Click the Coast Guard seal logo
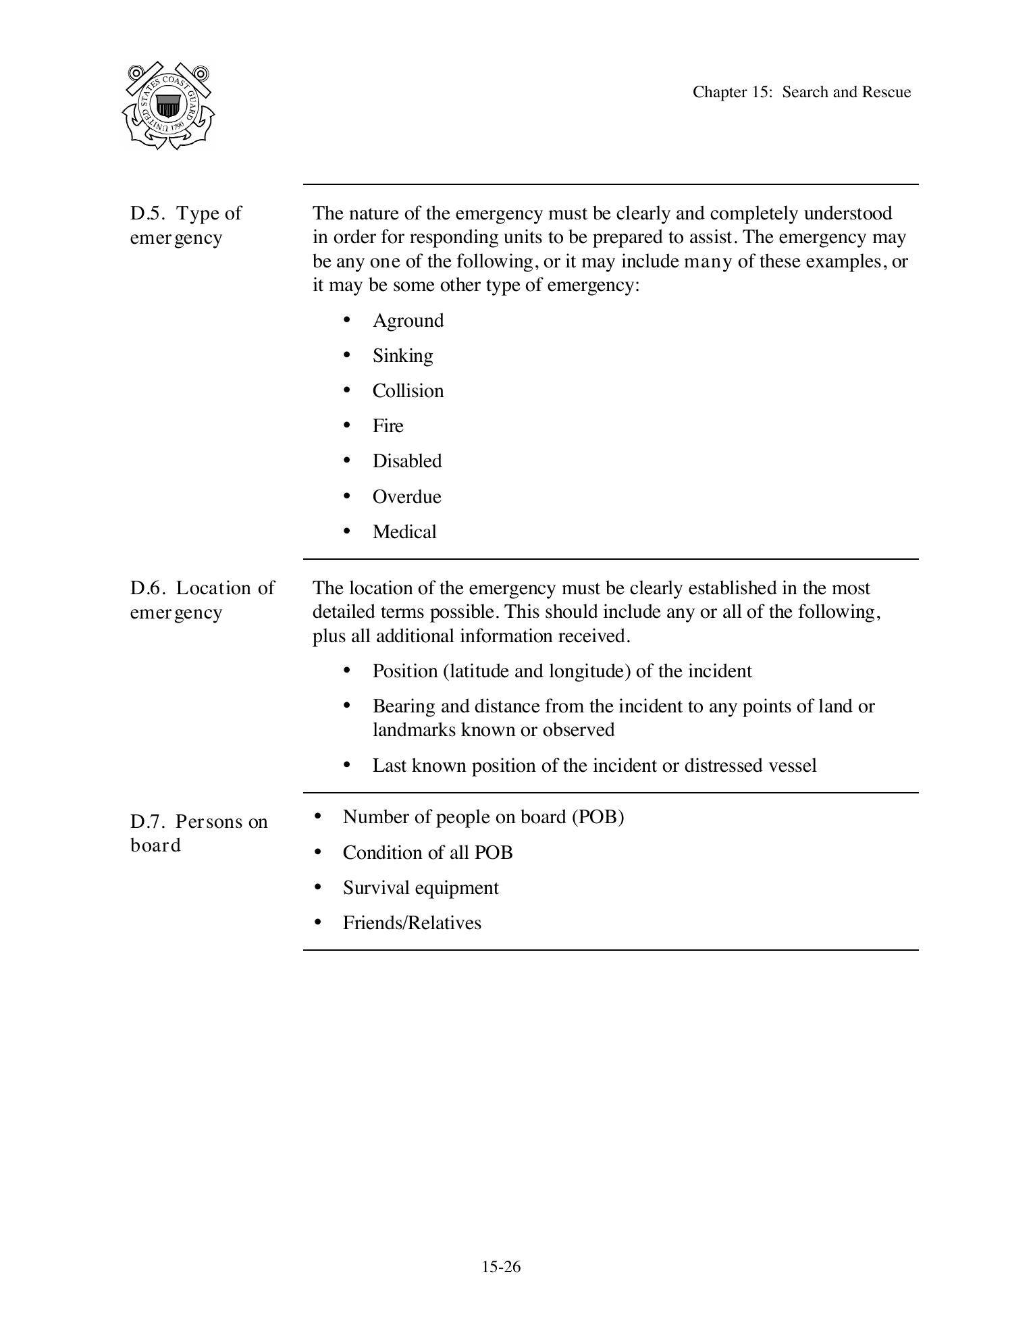click(x=168, y=105)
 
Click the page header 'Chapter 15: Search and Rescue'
click(x=801, y=93)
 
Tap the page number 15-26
click(x=501, y=1267)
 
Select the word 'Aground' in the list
click(x=408, y=321)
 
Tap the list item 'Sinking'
click(x=402, y=356)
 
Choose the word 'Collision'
click(x=408, y=391)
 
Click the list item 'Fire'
click(x=388, y=426)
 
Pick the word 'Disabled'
click(x=407, y=461)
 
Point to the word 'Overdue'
click(x=406, y=497)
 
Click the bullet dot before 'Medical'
click(x=347, y=531)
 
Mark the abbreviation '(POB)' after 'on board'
click(x=598, y=817)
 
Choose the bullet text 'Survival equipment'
click(x=421, y=888)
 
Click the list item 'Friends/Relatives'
click(x=412, y=923)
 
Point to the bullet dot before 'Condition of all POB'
click(x=317, y=852)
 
